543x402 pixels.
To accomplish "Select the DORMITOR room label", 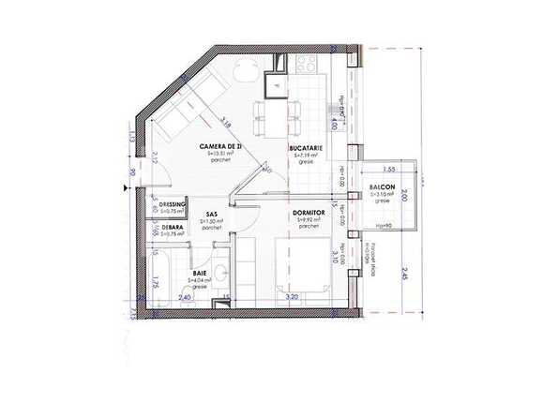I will (309, 214).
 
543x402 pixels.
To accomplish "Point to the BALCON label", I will (382, 186).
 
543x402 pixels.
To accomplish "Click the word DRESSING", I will (173, 204).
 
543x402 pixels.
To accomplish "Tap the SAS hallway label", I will (212, 214).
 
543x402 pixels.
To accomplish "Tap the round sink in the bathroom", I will (220, 274).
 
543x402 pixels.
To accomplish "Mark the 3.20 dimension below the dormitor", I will (292, 297).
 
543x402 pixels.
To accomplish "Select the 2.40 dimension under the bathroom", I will (185, 297).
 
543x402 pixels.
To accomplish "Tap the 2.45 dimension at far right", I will (406, 274).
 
